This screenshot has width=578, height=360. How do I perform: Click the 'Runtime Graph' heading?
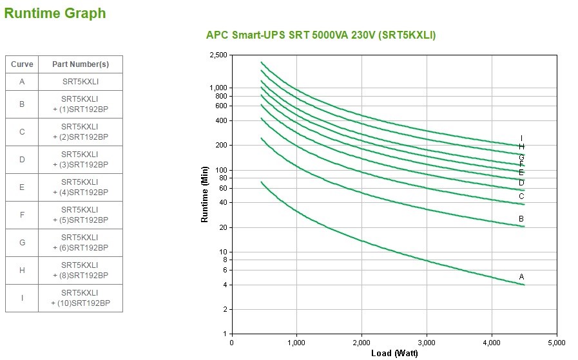click(x=55, y=13)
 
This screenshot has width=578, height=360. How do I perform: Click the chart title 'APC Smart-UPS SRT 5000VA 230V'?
click(x=320, y=35)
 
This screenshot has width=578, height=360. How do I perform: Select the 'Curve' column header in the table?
click(x=22, y=64)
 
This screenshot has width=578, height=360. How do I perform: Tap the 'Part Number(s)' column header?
click(x=81, y=64)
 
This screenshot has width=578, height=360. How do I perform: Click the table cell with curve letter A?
click(x=22, y=82)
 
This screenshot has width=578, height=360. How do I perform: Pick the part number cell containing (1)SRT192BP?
click(x=81, y=104)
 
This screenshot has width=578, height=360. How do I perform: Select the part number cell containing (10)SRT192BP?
click(x=81, y=298)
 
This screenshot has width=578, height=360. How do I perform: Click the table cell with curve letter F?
click(x=22, y=215)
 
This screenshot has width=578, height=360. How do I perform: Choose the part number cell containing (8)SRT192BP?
click(x=81, y=270)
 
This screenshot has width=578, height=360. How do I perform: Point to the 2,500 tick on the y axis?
click(x=218, y=55)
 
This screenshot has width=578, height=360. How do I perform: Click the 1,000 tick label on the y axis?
click(x=218, y=88)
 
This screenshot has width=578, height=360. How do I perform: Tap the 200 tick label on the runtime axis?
click(x=222, y=146)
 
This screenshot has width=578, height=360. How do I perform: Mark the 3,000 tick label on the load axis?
click(x=427, y=342)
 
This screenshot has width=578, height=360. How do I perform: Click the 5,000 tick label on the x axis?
click(x=556, y=342)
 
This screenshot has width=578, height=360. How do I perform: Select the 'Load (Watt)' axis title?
click(x=394, y=353)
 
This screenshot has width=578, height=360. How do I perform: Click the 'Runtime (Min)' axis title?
click(x=205, y=194)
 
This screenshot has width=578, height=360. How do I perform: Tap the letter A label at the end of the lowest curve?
click(x=522, y=276)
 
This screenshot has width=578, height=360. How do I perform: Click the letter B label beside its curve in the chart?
click(x=521, y=219)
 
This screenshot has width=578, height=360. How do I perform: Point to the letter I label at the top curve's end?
click(x=521, y=138)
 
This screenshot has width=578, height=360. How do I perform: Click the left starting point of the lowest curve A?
click(x=261, y=182)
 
